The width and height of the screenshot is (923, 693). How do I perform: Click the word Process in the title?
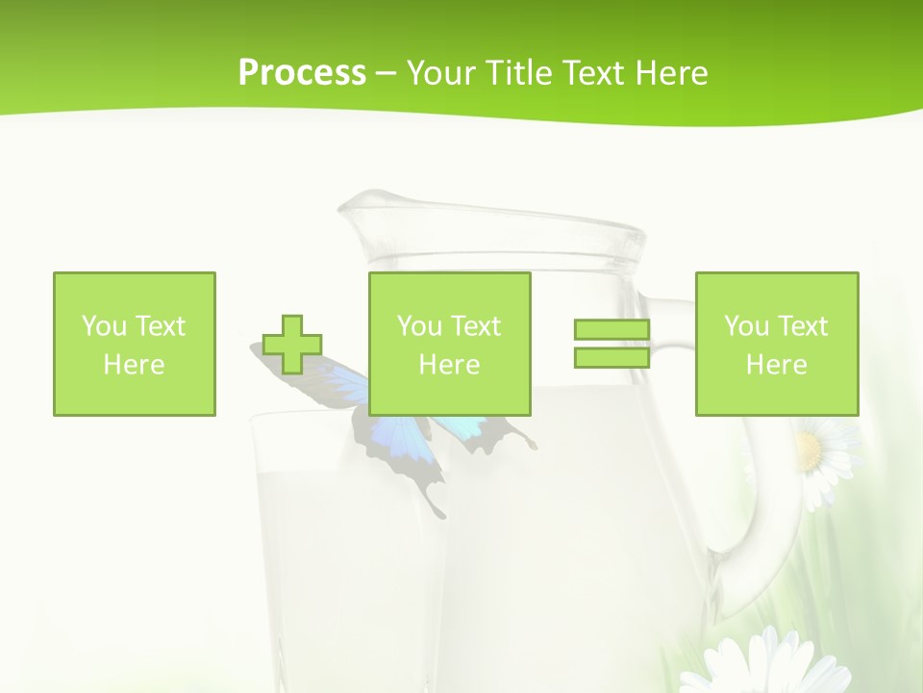click(x=302, y=73)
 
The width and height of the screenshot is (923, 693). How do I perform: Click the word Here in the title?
click(x=669, y=73)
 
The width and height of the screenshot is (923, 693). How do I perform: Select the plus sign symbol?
click(x=292, y=345)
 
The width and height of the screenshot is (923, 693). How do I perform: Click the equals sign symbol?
click(x=611, y=344)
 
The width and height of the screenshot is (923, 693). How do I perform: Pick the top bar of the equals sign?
click(x=611, y=330)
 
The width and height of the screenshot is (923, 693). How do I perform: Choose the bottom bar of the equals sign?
click(x=611, y=357)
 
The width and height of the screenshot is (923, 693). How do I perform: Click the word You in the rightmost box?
click(x=745, y=326)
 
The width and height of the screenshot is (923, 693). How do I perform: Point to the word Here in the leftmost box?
click(x=134, y=365)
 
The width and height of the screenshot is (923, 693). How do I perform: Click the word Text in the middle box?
click(x=477, y=326)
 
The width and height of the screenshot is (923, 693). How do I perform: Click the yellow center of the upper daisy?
click(x=810, y=449)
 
